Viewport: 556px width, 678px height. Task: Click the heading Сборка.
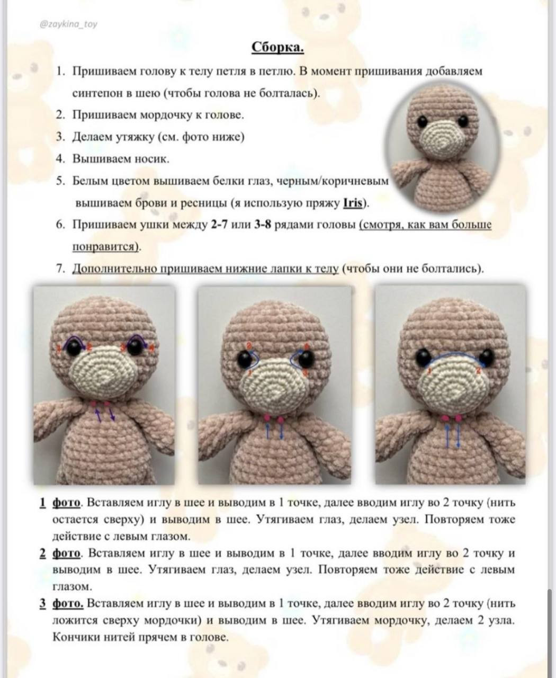coord(277,48)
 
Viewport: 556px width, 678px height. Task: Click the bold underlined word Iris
coord(353,203)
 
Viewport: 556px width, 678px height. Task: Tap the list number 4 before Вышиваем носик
coord(60,158)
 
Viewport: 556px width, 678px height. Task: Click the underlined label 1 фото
coord(61,503)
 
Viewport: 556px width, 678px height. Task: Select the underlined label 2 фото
coord(61,553)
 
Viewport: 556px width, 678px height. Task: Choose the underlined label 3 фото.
coord(61,603)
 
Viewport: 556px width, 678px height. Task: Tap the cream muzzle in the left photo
coord(103,374)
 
